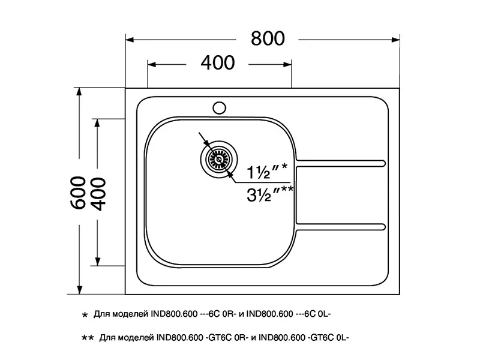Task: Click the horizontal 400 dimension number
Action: click(217, 62)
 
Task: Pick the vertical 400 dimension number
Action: click(98, 193)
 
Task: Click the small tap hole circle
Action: click(219, 108)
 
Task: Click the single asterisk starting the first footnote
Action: click(84, 314)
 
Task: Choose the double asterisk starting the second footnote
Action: click(86, 338)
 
